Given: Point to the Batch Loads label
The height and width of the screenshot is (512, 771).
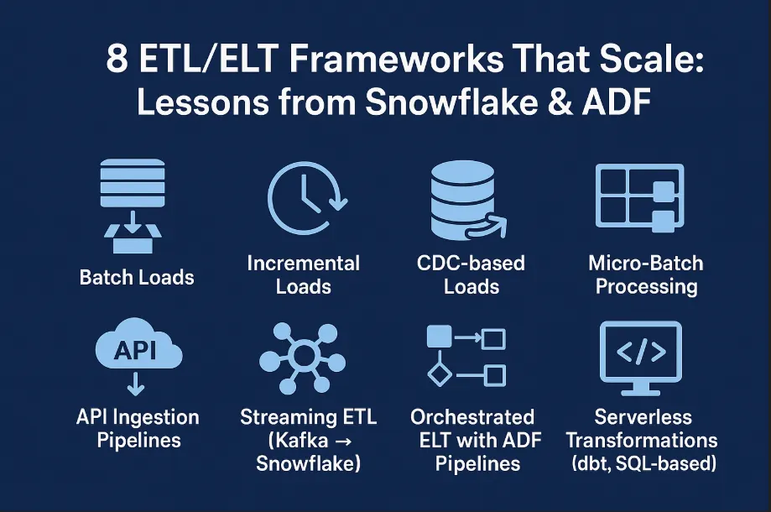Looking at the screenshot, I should coord(137,277).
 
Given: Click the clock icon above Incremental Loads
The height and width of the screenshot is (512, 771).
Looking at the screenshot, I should coord(303,197).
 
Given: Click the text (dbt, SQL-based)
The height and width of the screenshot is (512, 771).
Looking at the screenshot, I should coord(642,462).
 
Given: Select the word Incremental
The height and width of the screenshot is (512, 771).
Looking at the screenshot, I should coord(303,264).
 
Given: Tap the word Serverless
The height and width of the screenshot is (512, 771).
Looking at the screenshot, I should coord(643,417).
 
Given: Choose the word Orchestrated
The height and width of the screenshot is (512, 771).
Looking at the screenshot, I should coord(472,417).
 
